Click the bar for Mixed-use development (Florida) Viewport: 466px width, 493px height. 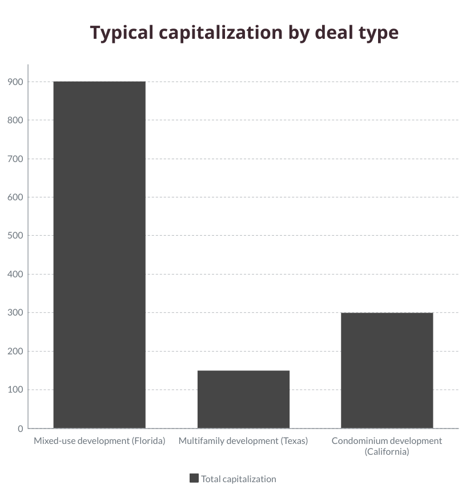[x=99, y=254]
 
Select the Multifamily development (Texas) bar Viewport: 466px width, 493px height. [x=243, y=399]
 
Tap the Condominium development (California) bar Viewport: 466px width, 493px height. [x=387, y=370]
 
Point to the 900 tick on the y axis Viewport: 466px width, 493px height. [x=15, y=82]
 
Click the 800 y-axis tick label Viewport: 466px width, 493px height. [x=15, y=120]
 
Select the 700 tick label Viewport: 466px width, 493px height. [x=15, y=159]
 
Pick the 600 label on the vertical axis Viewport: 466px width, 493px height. [x=15, y=197]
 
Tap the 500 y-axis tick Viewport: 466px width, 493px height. [x=15, y=236]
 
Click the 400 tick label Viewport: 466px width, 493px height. [x=15, y=274]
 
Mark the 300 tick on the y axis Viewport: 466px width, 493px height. [x=15, y=313]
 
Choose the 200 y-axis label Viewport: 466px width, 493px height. [x=15, y=351]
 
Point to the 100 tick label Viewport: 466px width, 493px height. [x=15, y=390]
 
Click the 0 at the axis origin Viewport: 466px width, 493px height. [x=21, y=429]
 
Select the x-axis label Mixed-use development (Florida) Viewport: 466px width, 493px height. [x=99, y=441]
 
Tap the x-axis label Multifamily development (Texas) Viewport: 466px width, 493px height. [x=243, y=441]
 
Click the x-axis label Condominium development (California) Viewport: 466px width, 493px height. [x=387, y=446]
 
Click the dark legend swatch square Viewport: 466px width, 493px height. [x=194, y=478]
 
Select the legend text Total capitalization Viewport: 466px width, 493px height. [x=238, y=479]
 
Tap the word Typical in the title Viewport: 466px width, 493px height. [x=122, y=33]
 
